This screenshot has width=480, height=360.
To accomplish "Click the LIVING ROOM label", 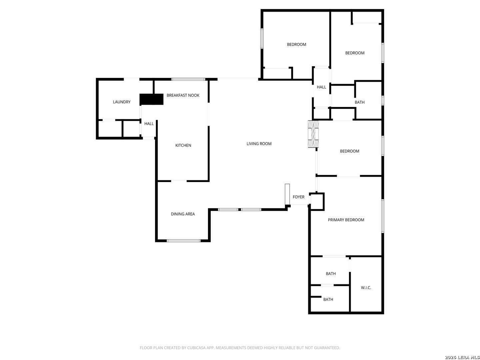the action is [259, 144].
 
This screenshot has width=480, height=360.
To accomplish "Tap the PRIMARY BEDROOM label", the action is [346, 220].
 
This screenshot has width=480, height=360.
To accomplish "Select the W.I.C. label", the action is [366, 288].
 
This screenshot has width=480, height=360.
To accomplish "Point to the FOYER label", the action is [298, 197].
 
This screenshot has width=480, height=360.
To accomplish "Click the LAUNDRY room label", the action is [122, 102].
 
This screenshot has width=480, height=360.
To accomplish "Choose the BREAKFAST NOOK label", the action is [183, 95].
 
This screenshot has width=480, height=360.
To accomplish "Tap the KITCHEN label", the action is [183, 145].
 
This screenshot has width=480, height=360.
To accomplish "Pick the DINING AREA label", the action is [183, 214].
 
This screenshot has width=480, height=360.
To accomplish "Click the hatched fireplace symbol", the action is [313, 134].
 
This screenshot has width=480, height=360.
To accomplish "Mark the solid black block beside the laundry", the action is [152, 99].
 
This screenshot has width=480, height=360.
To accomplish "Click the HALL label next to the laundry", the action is [149, 124].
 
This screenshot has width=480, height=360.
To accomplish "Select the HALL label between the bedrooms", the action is [321, 87].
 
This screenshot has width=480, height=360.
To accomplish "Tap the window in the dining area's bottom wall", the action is [183, 241].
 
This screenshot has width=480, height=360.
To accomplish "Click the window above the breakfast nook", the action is [188, 79].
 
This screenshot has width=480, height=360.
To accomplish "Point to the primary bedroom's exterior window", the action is [383, 216].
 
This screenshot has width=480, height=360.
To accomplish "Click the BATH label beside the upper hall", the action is [360, 102].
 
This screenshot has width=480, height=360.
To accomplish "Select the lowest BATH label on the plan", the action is [328, 299].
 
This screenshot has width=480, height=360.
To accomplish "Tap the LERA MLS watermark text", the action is [467, 357].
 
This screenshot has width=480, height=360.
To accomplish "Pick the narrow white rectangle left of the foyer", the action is [287, 194].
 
